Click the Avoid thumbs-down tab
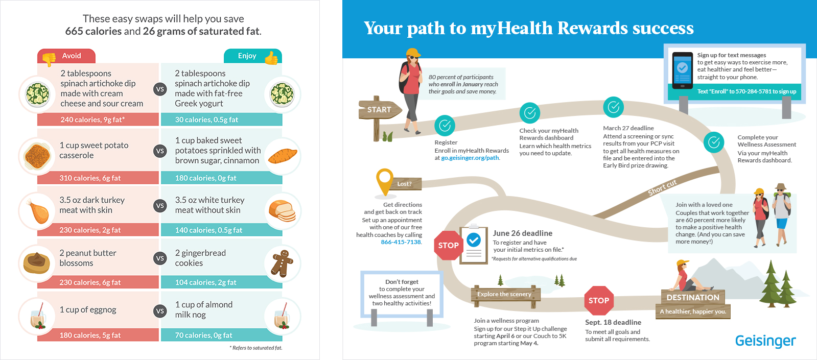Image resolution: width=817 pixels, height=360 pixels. (66, 56)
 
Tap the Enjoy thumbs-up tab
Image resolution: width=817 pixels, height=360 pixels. (253, 56)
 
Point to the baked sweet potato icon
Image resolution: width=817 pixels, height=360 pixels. (283, 156)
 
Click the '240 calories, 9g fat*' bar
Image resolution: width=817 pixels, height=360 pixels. (98, 119)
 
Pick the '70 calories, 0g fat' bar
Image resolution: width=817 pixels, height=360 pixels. (221, 335)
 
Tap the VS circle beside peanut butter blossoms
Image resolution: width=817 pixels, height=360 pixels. (160, 258)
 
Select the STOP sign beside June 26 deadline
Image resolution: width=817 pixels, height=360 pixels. (448, 245)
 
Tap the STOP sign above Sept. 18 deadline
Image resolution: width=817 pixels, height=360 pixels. (599, 301)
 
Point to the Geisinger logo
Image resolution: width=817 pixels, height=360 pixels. (765, 341)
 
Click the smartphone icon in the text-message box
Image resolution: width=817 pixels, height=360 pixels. (682, 70)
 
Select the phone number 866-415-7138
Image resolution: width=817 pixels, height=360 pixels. (401, 242)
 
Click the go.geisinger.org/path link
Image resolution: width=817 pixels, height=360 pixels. (470, 158)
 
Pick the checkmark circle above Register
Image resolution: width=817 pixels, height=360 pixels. (445, 126)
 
